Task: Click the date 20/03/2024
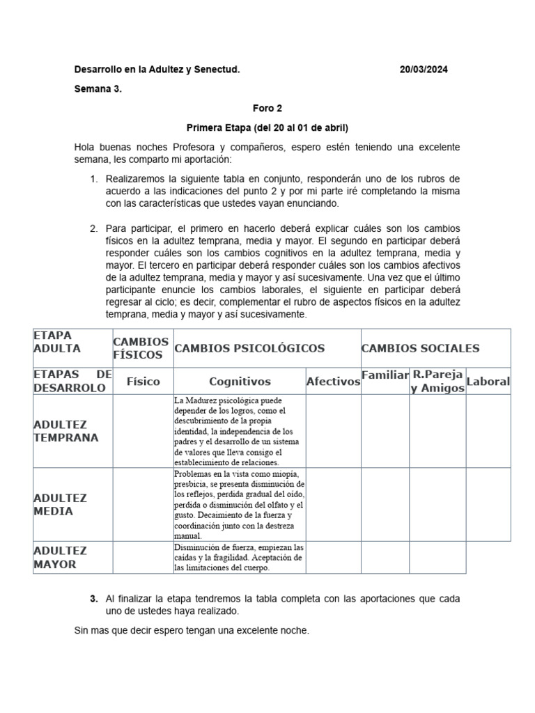pos(428,70)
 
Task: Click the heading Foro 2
pos(267,109)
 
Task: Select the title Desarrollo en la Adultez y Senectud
pos(157,70)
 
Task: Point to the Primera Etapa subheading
pos(267,128)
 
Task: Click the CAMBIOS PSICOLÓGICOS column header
pos(249,348)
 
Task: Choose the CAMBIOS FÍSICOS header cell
pos(141,348)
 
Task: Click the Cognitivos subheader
pos(240,382)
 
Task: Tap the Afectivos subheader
pos(333,382)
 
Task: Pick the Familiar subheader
pos(385,375)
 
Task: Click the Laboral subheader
pos(488,382)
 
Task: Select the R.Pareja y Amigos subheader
pos(437,382)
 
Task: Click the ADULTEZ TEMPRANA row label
pos(66,431)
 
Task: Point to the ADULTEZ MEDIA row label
pos(60,504)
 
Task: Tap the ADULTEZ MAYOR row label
pos(60,557)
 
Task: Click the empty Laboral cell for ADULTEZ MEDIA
pos(488,504)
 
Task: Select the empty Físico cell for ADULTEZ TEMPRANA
pos(143,431)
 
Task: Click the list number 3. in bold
pos(94,599)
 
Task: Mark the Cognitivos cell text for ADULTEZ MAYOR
pos(239,558)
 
